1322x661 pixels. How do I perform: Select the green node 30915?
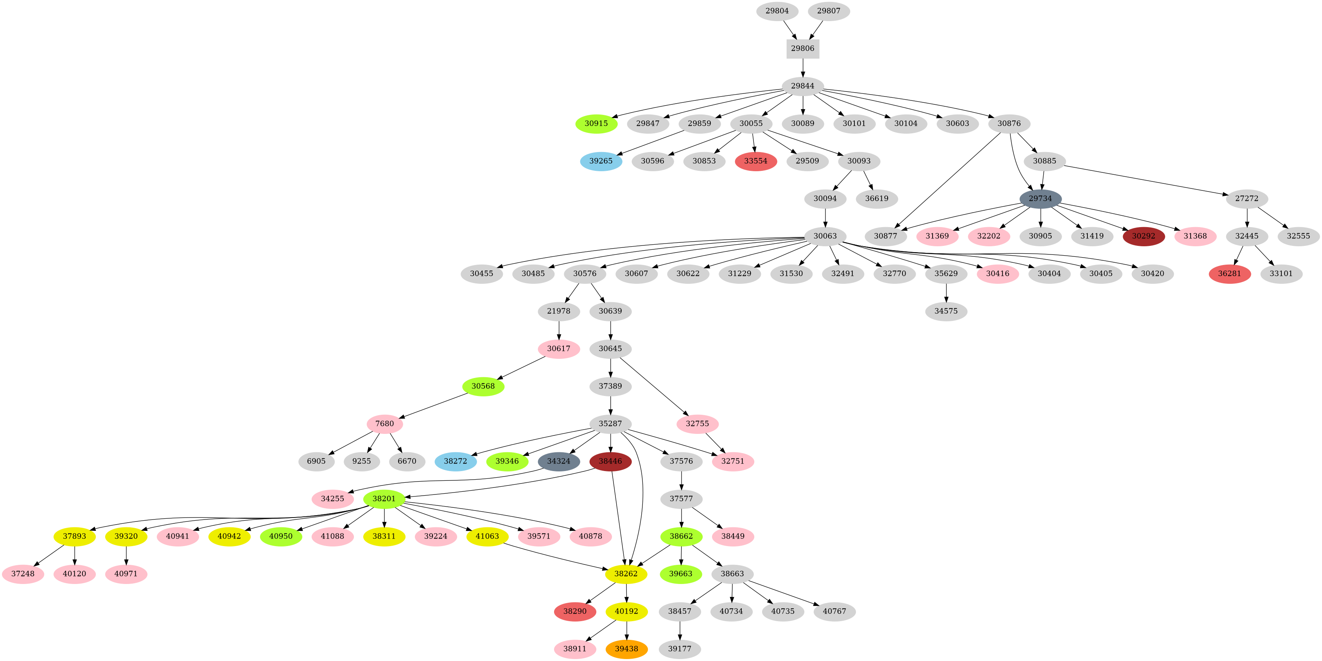point(596,124)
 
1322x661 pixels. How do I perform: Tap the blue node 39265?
point(601,161)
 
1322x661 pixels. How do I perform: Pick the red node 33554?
point(755,161)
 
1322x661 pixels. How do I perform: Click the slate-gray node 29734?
point(1040,199)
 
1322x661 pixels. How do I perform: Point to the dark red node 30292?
point(1143,236)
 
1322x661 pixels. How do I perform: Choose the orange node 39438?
point(626,648)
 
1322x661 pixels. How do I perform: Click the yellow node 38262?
point(626,574)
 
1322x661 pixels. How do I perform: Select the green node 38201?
point(384,499)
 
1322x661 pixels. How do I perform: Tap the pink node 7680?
point(384,424)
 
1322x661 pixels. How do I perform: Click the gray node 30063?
point(825,236)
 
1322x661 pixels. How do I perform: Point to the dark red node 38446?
point(610,461)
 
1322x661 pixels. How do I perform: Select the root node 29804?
point(777,11)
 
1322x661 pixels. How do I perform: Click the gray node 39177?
point(680,648)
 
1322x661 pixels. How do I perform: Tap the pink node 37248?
point(23,574)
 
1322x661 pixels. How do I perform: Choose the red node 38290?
point(575,611)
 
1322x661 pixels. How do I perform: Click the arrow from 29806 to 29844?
point(803,68)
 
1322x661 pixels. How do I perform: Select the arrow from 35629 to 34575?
point(946,292)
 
